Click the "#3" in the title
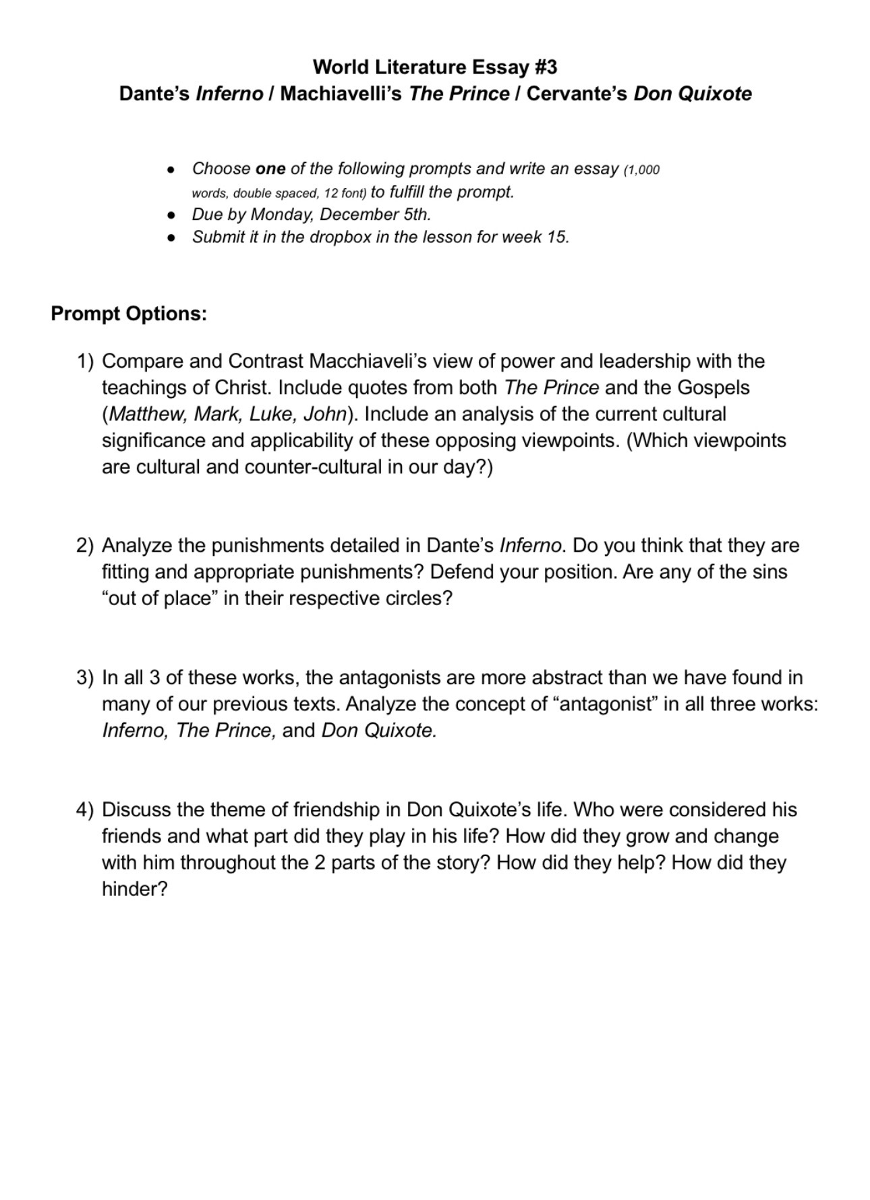(x=545, y=67)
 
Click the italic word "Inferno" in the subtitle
(x=229, y=94)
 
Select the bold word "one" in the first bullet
(x=270, y=169)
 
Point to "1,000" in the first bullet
(x=643, y=170)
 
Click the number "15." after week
(x=557, y=237)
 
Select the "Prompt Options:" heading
(x=129, y=314)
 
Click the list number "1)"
(x=85, y=362)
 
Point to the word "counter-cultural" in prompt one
(x=313, y=467)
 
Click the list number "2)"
(x=85, y=546)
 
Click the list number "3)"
(x=85, y=678)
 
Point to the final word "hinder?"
(x=134, y=889)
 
